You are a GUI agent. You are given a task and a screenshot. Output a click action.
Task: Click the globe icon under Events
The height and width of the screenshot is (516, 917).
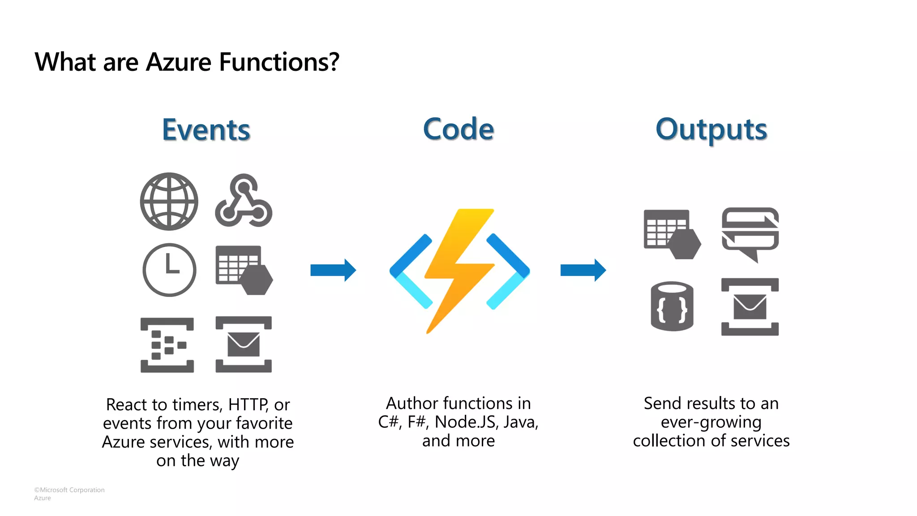(x=169, y=202)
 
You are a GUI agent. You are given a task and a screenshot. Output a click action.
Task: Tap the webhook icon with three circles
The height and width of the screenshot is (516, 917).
(x=244, y=201)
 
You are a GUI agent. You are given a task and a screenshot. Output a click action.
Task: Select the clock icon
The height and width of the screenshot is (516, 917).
(x=169, y=270)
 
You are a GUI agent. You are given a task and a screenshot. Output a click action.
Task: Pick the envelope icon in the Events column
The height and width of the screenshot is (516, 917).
(x=244, y=344)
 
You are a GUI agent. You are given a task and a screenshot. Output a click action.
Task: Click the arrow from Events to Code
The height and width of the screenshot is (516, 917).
(x=333, y=270)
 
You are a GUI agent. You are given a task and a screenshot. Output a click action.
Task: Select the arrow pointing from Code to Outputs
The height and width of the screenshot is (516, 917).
(x=583, y=270)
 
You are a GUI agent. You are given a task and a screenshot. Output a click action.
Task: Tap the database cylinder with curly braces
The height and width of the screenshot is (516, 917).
(x=672, y=306)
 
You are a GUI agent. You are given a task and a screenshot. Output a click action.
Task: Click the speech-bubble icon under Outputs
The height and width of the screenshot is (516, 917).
(x=750, y=233)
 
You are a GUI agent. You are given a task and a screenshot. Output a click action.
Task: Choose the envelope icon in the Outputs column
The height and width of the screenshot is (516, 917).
(x=750, y=307)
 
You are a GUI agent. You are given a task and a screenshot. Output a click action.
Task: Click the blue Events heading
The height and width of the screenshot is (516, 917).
(x=206, y=130)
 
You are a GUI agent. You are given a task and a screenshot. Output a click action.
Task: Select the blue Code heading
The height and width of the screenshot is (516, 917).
(x=458, y=129)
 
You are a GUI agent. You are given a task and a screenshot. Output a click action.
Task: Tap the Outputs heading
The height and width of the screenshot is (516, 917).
(x=711, y=130)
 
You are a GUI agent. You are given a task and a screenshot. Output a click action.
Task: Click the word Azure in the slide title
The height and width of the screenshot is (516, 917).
(x=178, y=62)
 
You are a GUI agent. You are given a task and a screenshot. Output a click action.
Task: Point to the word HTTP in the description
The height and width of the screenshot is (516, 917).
(x=248, y=404)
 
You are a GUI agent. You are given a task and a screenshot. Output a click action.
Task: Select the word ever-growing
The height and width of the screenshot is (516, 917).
(x=711, y=422)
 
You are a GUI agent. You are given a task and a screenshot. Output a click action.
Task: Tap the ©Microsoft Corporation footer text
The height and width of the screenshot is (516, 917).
(x=69, y=490)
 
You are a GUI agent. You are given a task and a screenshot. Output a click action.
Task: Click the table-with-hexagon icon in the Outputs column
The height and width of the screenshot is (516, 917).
(x=672, y=234)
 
